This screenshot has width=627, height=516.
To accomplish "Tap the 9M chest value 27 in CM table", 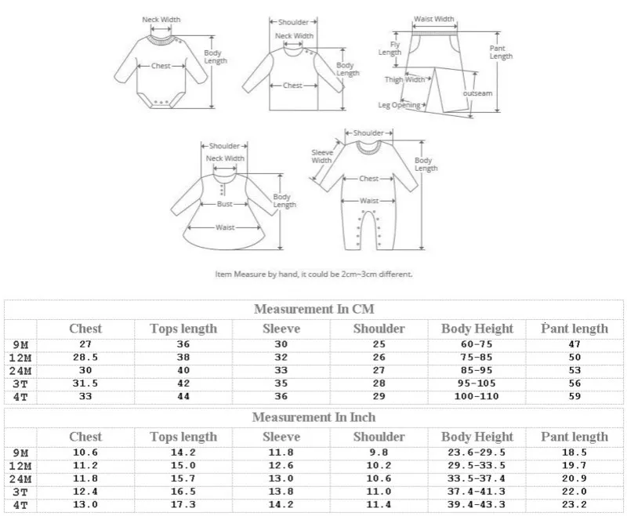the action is [85, 344].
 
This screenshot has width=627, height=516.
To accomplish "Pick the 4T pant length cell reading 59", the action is [574, 398].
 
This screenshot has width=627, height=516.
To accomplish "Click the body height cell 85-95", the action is [477, 371].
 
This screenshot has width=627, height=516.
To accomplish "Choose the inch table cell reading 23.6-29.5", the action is [477, 452].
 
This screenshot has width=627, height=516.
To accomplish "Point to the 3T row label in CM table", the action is [20, 384].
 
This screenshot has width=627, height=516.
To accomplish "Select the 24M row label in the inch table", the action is [20, 479].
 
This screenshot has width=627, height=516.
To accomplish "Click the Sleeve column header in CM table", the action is [281, 329].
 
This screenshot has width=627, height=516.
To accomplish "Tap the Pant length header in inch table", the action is [574, 437].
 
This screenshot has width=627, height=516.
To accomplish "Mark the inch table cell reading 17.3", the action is [183, 506].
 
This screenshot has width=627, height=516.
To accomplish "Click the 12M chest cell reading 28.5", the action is [85, 358].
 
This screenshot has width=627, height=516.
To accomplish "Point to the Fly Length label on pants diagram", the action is [390, 49].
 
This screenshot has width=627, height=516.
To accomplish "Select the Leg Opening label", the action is [400, 105].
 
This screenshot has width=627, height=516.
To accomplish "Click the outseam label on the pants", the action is [477, 93].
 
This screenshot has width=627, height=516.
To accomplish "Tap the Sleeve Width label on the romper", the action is [322, 156].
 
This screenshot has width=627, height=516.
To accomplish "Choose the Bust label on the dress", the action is [225, 204].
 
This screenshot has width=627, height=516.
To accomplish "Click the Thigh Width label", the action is [404, 79].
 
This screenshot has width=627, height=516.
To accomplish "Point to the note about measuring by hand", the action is [313, 274].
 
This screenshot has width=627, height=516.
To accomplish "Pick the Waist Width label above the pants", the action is [433, 19].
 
